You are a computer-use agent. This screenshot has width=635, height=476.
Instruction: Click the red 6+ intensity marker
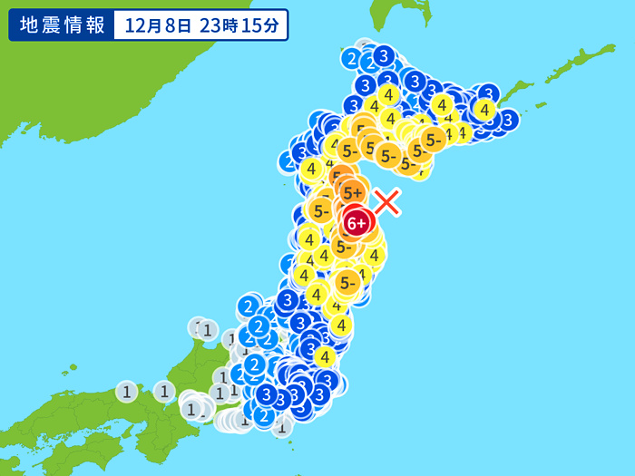click(x=357, y=222)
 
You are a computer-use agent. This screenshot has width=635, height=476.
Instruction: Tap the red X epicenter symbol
click(x=387, y=201)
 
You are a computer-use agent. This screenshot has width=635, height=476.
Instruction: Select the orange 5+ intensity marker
click(x=353, y=192)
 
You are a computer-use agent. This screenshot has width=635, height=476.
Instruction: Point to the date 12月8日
click(x=158, y=25)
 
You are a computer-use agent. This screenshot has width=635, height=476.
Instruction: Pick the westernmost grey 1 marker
click(x=127, y=392)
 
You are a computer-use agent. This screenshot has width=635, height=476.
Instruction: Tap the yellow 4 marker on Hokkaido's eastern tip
click(x=484, y=110)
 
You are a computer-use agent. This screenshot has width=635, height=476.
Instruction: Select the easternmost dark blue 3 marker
click(x=508, y=119)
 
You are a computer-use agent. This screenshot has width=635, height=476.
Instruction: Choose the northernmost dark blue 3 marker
click(x=384, y=56)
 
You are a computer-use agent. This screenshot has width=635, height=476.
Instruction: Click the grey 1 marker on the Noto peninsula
click(x=207, y=329)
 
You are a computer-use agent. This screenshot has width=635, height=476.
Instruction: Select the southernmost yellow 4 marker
click(x=325, y=357)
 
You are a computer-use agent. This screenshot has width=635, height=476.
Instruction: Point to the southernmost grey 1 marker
click(x=282, y=427)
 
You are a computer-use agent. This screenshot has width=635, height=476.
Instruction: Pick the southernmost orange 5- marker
click(x=346, y=283)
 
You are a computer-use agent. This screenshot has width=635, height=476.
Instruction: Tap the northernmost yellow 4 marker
click(x=388, y=94)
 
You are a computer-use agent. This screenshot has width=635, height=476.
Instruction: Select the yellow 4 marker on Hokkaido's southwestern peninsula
click(x=312, y=169)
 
